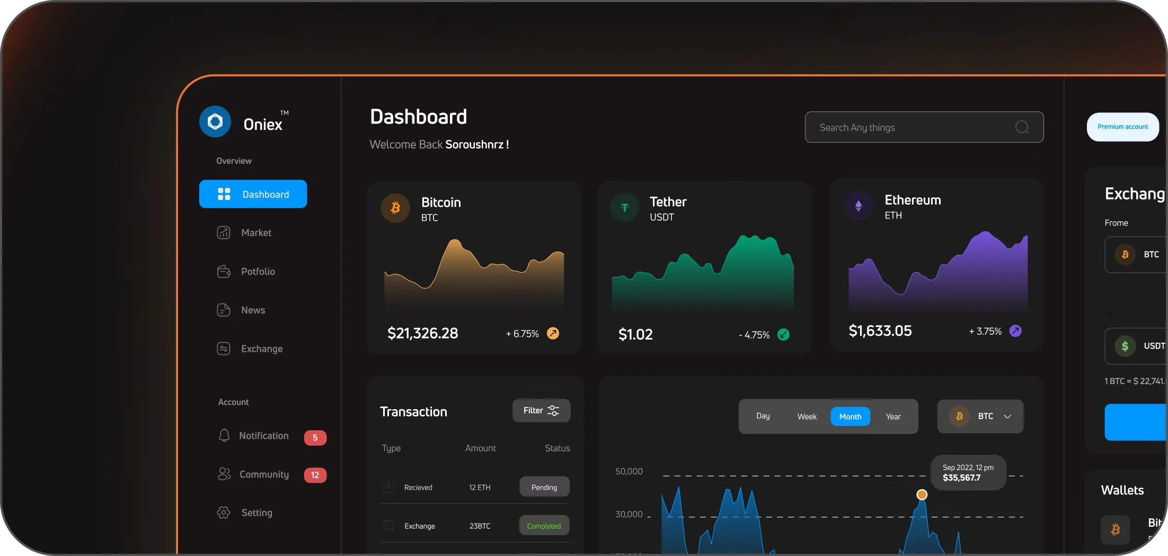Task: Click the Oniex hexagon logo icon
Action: [x=215, y=121]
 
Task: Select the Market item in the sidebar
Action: [x=255, y=233]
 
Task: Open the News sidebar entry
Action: [x=252, y=310]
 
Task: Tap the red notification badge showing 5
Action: [x=315, y=438]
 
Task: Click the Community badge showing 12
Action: [x=315, y=475]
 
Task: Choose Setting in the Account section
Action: [x=256, y=513]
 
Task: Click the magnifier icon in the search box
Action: [x=1022, y=127]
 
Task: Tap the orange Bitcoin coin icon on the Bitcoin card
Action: [x=395, y=208]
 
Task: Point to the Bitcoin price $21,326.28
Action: [x=422, y=333]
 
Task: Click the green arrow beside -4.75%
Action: [x=783, y=335]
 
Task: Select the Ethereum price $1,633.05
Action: [x=880, y=331]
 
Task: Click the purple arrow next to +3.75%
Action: [x=1015, y=331]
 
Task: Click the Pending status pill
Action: [x=544, y=487]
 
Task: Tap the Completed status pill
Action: [x=544, y=526]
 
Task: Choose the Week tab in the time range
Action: [x=807, y=417]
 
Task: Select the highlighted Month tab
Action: [x=850, y=417]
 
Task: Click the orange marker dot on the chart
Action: [x=922, y=494]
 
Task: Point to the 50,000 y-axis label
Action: [x=629, y=472]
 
